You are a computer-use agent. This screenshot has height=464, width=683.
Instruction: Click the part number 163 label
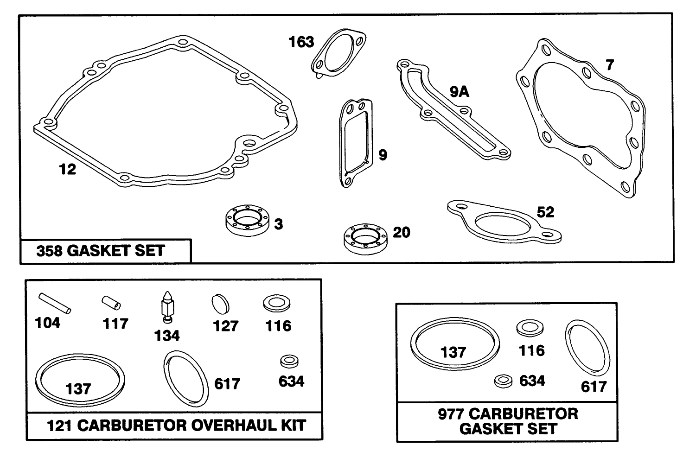[x=301, y=42]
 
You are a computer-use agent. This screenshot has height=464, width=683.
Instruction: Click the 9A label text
[x=460, y=92]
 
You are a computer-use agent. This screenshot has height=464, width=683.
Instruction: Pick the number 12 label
[x=67, y=169]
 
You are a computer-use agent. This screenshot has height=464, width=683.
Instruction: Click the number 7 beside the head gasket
[x=609, y=65]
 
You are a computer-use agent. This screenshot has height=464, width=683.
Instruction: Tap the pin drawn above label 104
[x=54, y=303]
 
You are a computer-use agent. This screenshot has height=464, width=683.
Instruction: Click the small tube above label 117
[x=112, y=303]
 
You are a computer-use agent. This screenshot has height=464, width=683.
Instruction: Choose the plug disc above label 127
[x=220, y=305]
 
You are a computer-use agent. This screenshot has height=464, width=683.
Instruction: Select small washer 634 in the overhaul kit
[x=289, y=361]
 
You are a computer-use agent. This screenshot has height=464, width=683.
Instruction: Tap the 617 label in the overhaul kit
[x=227, y=384]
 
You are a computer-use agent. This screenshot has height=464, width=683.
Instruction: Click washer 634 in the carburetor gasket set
[x=503, y=381]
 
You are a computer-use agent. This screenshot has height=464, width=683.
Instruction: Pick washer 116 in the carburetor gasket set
[x=530, y=328]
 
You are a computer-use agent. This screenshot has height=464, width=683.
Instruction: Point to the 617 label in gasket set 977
[x=594, y=386]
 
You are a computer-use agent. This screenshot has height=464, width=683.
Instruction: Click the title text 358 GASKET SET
[x=101, y=251]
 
